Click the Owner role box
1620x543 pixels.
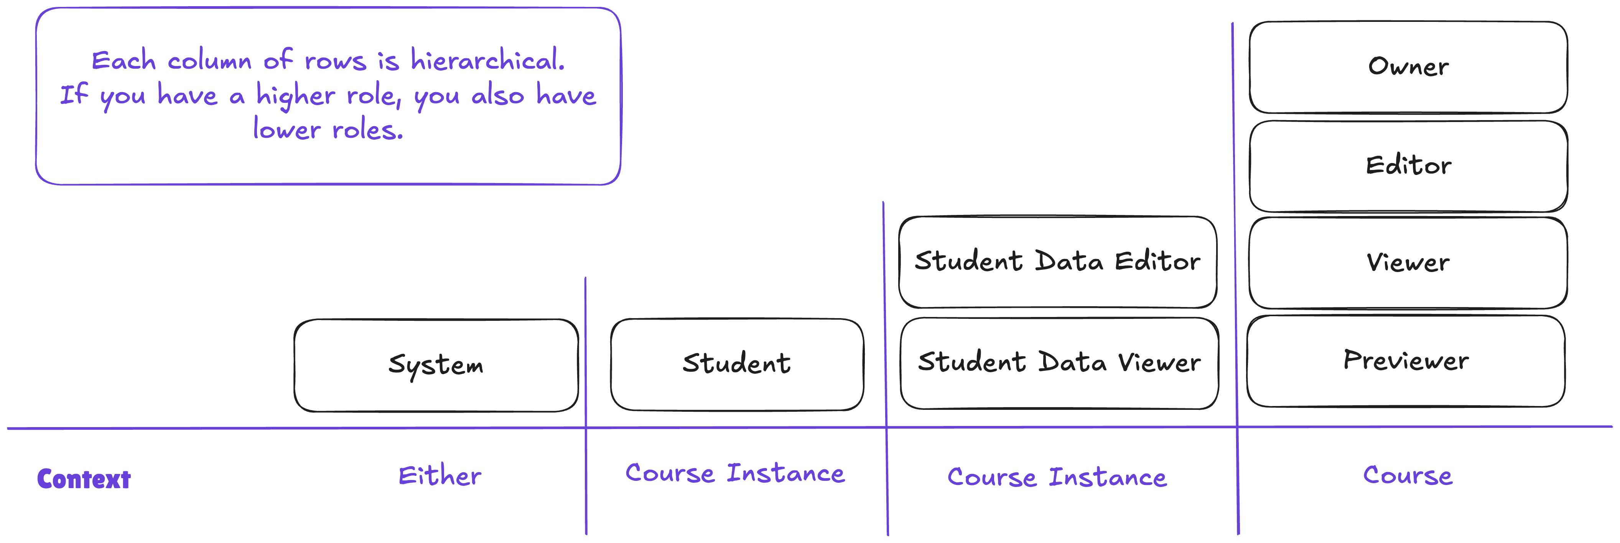click(1408, 67)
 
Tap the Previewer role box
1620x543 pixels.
click(1406, 361)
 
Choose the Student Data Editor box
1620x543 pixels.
click(1058, 262)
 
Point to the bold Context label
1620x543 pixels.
click(84, 479)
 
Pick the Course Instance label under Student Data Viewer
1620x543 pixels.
click(1057, 477)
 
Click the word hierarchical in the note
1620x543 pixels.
click(488, 60)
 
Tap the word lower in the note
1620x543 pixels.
click(287, 130)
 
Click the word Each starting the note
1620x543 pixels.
click(123, 60)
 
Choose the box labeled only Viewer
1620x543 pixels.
click(1408, 263)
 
